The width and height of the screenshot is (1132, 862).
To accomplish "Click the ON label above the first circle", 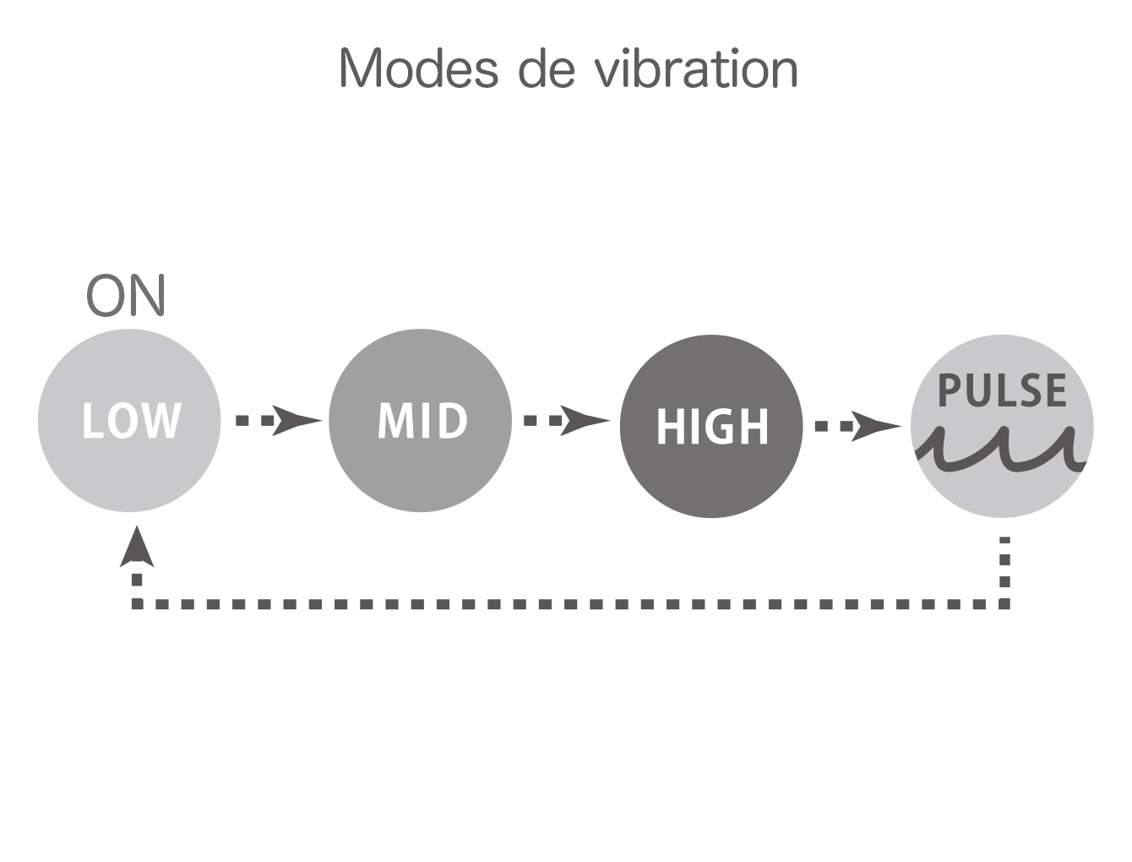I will pos(127,296).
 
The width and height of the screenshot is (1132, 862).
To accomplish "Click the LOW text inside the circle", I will pos(131,421).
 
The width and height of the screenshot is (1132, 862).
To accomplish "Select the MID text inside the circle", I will pos(422,421).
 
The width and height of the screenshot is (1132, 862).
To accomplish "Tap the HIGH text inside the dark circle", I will pos(712,427).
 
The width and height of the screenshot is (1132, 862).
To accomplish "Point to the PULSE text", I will pos(1003,390).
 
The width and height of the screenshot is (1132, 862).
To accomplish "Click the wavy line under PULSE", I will pos(1003,450).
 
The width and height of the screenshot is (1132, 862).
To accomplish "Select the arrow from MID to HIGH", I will pos(566,420).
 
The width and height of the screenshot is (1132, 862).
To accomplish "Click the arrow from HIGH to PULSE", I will pos(857,425).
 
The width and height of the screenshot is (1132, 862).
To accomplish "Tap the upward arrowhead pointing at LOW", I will pos(137,548).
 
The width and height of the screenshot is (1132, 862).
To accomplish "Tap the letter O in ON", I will pos(106,296).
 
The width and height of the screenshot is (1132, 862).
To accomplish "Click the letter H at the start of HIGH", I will pos(669,427).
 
